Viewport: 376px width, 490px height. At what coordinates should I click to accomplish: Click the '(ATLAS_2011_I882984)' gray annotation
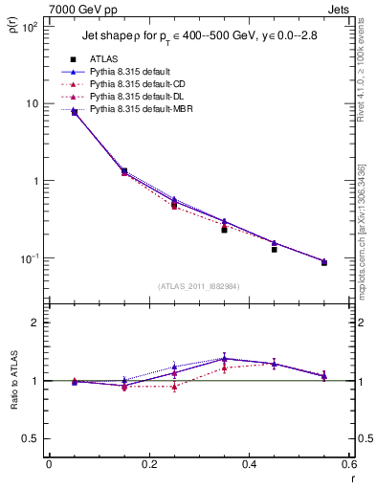[x=198, y=285]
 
